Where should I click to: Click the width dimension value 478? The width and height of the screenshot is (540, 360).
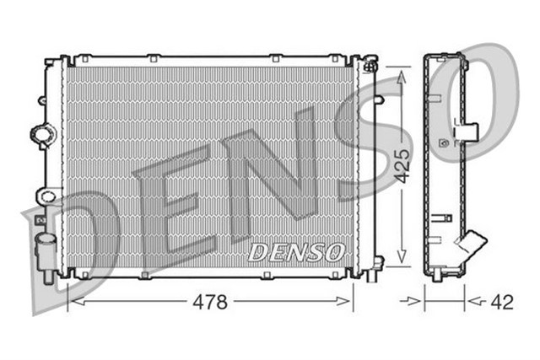210,302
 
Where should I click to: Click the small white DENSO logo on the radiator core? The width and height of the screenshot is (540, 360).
296,250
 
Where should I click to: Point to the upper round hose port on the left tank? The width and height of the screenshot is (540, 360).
41,133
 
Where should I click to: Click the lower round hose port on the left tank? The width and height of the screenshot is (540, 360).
47,197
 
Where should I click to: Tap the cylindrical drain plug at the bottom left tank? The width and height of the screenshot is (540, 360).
45,249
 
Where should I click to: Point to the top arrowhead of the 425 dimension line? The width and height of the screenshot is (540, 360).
402,74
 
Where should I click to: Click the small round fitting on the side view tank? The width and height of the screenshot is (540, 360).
445,144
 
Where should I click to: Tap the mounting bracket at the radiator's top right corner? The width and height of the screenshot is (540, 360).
368,64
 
